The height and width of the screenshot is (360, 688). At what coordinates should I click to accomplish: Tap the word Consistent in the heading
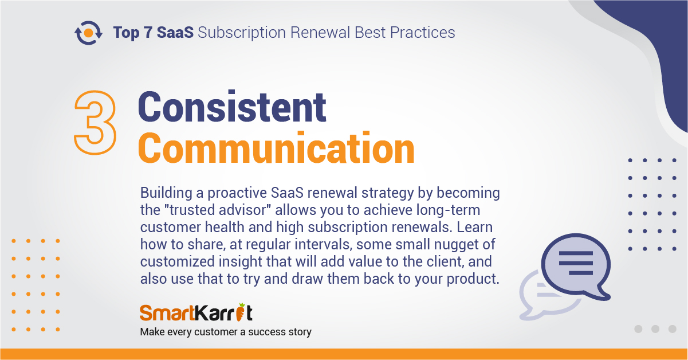[232, 107]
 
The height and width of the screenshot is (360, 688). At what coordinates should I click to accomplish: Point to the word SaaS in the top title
[175, 32]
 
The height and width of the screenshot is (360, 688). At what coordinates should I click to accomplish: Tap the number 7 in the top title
[148, 33]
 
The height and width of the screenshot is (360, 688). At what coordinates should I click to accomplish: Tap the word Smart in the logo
[167, 313]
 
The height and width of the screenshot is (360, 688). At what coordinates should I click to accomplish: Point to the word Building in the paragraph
[166, 193]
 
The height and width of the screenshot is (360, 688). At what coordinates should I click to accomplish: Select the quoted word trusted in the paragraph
[192, 210]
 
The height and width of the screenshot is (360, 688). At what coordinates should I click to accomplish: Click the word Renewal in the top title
[320, 32]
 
